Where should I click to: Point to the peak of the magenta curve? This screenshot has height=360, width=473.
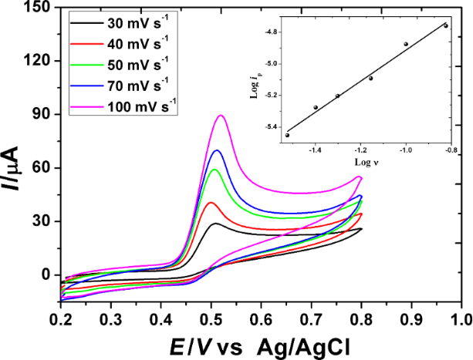(x=221, y=116)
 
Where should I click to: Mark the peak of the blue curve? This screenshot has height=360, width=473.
(x=217, y=150)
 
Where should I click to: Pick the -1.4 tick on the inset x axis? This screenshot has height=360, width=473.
(x=316, y=153)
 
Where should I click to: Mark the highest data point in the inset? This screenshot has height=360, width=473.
(x=445, y=25)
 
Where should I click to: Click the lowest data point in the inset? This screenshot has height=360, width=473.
(x=288, y=135)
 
